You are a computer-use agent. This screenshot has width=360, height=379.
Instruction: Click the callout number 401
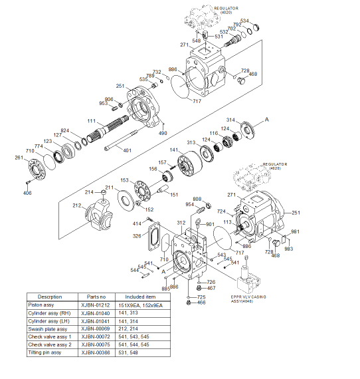click(128, 150)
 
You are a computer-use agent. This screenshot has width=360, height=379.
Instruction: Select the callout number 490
click(162, 134)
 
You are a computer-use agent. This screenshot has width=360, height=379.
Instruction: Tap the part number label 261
click(19, 158)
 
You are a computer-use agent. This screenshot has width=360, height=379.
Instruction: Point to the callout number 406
click(27, 193)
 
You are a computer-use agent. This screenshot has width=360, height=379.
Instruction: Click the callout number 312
click(181, 222)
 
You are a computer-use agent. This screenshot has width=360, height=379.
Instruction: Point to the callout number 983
click(288, 249)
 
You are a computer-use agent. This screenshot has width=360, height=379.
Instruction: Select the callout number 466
click(202, 303)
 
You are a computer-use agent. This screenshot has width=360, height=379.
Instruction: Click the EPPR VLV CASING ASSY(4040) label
click(249, 299)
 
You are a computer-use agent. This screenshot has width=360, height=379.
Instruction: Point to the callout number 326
click(137, 236)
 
